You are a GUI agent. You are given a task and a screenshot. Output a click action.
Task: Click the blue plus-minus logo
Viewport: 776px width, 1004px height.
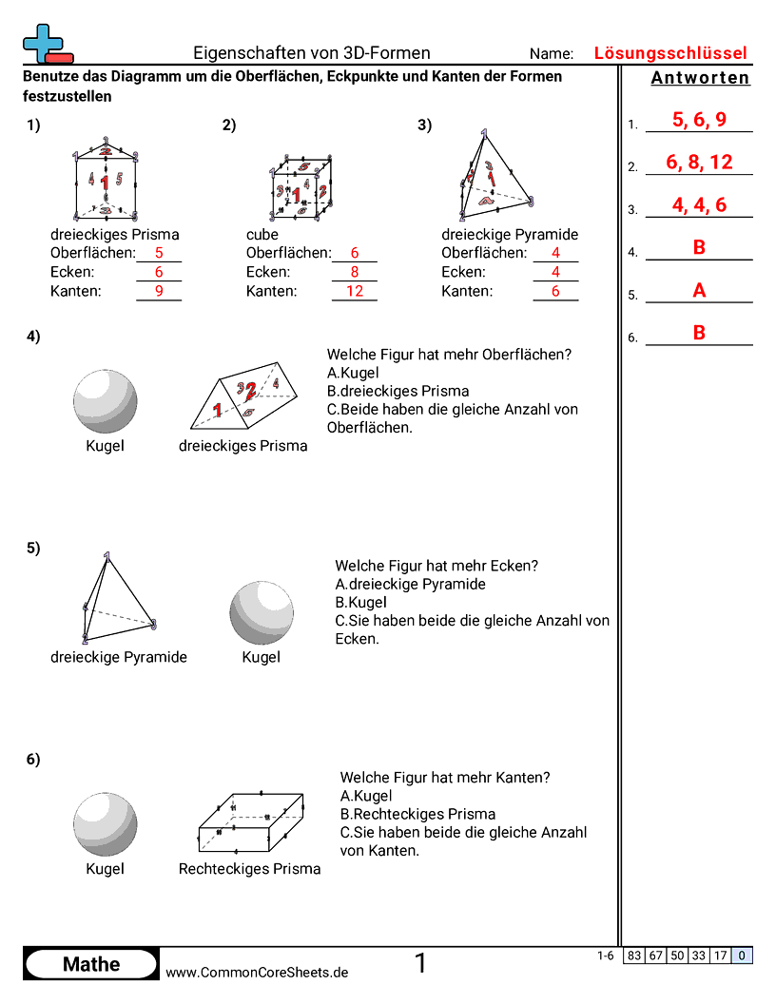coord(42,44)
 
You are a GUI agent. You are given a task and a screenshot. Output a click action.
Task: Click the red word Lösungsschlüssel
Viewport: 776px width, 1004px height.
coord(670,53)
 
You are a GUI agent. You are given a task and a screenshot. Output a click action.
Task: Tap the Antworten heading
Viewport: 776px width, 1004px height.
coord(700,78)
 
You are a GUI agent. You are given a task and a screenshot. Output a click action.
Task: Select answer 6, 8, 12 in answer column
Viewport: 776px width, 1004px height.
coord(699,163)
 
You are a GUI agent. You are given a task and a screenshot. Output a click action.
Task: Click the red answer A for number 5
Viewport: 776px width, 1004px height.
coord(699,291)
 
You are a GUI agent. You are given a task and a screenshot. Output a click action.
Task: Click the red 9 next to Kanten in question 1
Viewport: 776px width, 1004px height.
coord(159,291)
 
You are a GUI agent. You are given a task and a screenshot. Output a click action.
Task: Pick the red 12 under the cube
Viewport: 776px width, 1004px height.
coord(354,291)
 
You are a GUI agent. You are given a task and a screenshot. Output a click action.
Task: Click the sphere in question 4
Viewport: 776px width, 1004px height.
coord(105,401)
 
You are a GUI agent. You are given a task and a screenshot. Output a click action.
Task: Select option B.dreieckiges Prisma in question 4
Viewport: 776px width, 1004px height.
coord(398,391)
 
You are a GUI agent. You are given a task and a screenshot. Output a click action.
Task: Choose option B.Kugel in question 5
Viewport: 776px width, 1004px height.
coord(360,602)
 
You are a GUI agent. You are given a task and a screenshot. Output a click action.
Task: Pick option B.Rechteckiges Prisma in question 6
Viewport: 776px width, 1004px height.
coord(417,814)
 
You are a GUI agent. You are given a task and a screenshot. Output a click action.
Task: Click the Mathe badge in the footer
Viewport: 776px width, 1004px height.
coord(90,964)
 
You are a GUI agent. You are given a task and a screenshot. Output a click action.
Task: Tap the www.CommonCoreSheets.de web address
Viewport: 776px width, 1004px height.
coord(257,972)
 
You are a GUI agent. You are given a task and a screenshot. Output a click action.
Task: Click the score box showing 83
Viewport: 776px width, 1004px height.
coord(633,956)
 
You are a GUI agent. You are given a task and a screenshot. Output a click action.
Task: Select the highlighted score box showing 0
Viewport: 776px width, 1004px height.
coord(742,956)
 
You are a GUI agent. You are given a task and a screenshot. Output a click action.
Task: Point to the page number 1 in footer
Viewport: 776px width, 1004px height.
coord(420,964)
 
